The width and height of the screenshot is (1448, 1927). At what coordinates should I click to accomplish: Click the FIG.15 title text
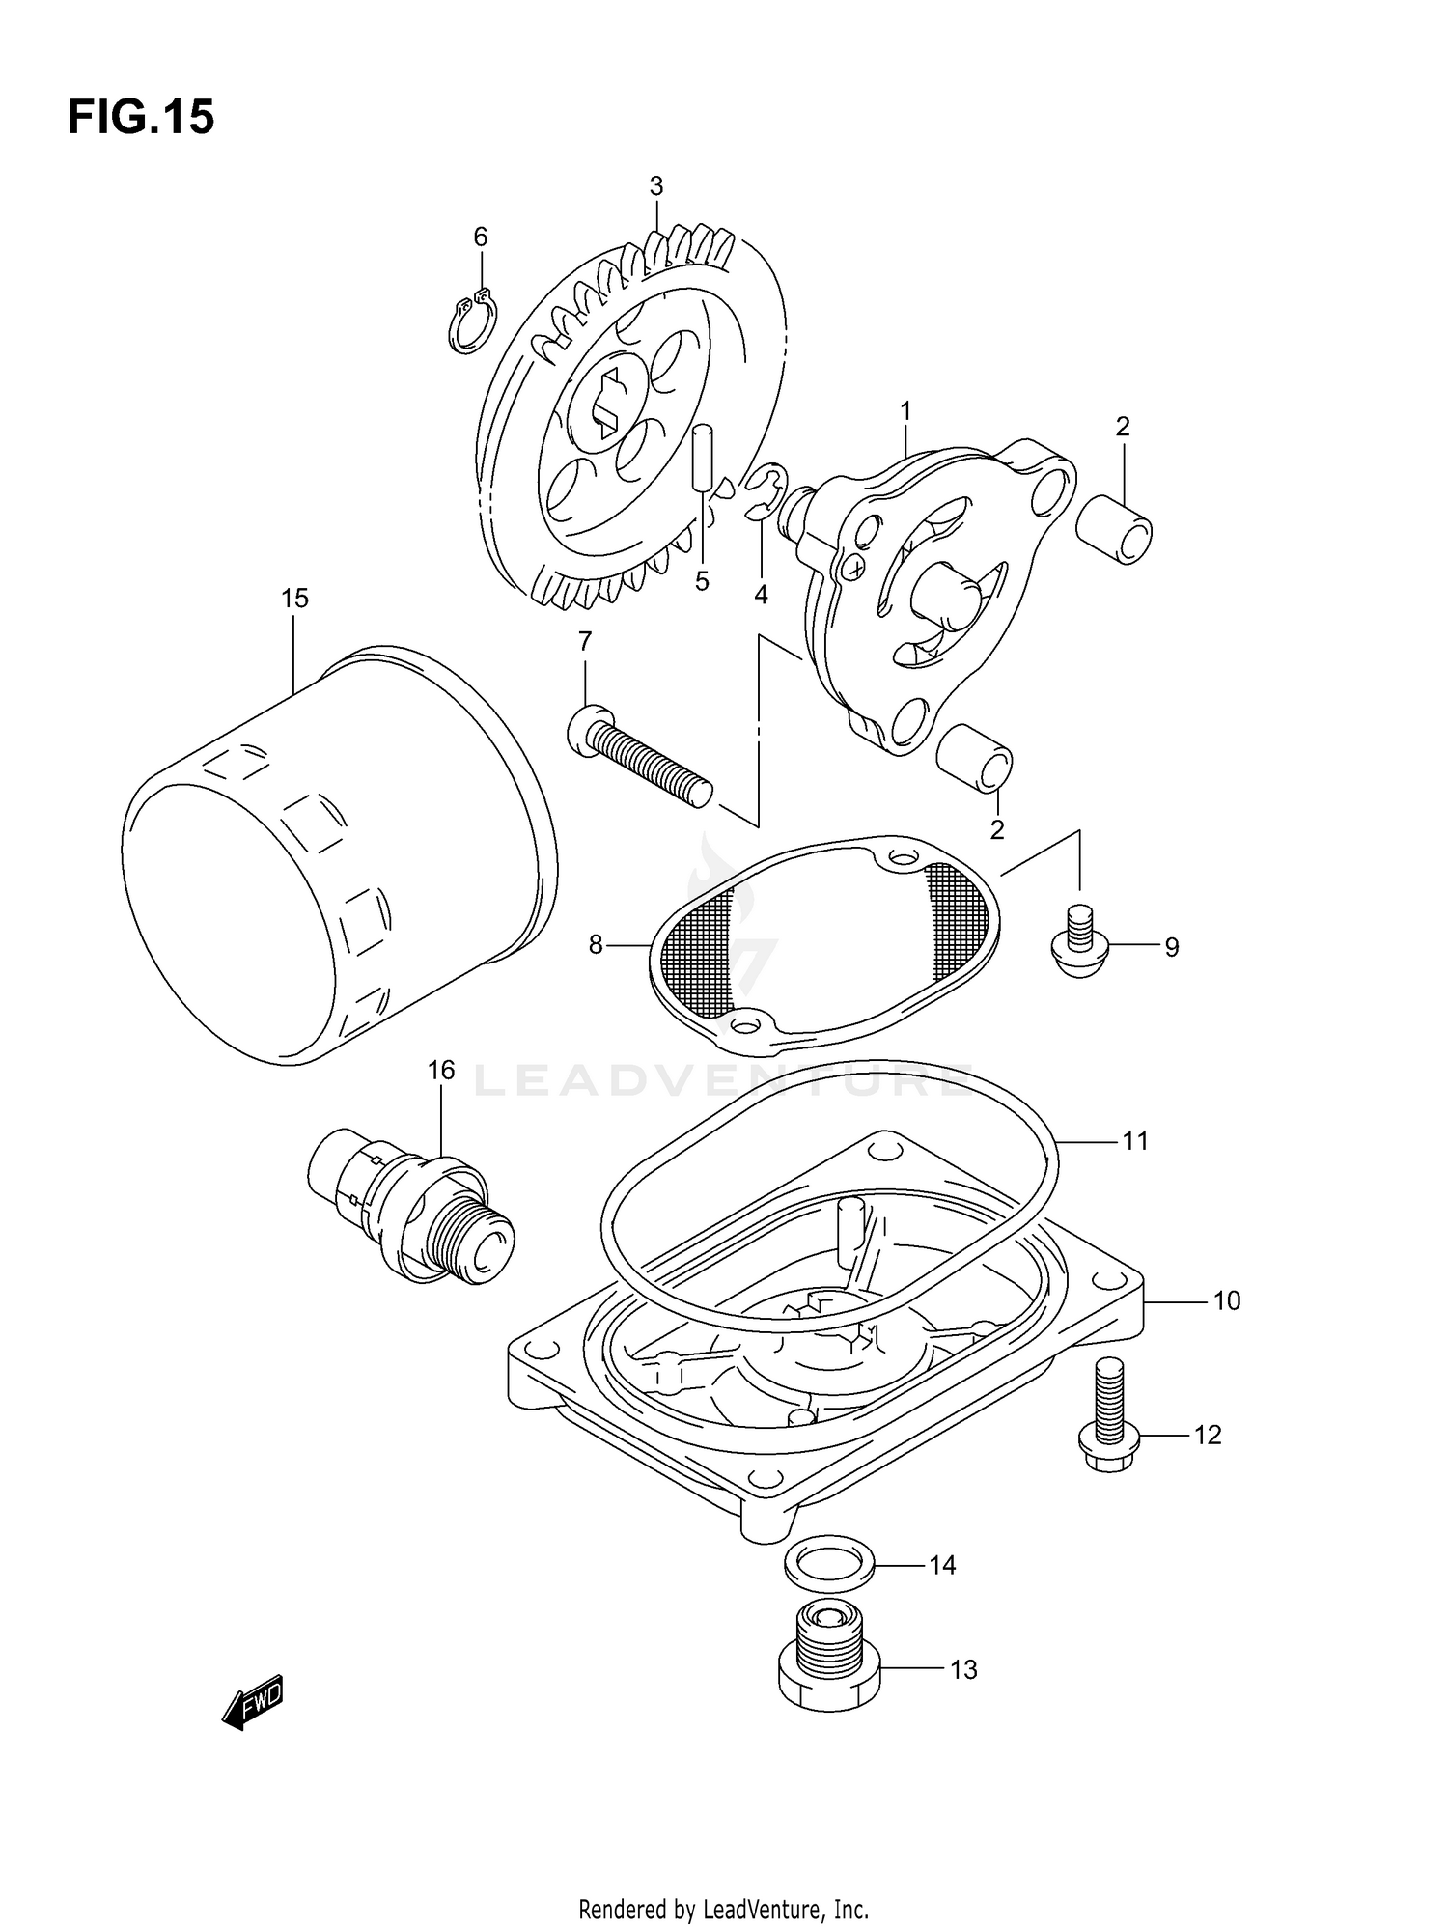141,118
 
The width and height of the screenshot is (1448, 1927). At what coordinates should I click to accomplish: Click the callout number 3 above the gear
656,186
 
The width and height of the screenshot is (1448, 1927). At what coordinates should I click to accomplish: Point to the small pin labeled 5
703,456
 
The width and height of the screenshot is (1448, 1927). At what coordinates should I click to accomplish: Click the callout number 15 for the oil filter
294,599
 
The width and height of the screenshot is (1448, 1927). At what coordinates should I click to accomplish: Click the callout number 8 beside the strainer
596,945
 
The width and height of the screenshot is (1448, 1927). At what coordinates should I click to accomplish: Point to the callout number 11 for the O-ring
1135,1141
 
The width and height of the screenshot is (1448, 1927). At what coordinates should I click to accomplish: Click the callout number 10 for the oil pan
1226,1301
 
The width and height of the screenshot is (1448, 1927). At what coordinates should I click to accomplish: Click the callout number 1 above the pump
905,412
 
